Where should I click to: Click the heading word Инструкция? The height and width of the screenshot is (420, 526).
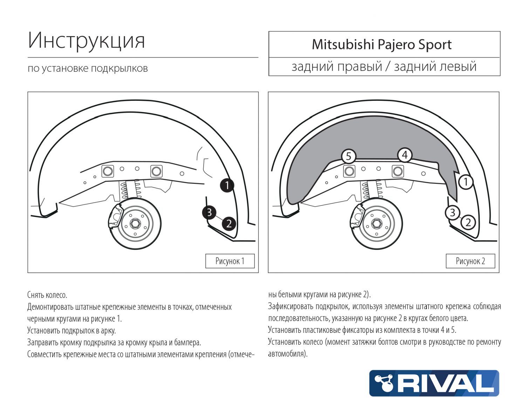[x=86, y=41]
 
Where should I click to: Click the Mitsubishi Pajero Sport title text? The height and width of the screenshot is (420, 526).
[x=382, y=45]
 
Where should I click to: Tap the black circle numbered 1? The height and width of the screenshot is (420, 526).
[x=227, y=185]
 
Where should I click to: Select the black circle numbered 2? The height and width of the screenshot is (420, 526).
[x=229, y=223]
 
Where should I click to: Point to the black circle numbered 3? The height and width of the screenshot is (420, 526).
[x=209, y=212]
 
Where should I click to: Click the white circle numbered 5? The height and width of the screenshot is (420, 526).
[x=348, y=156]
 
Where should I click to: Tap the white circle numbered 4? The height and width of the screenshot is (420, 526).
[x=405, y=155]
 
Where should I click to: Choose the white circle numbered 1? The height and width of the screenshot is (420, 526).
[x=466, y=182]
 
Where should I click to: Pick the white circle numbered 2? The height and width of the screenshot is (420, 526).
[x=468, y=222]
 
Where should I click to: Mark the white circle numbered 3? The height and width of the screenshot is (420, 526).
[x=452, y=212]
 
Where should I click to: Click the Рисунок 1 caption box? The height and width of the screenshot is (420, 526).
[x=230, y=261]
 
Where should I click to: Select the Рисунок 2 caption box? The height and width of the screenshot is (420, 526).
[x=470, y=261]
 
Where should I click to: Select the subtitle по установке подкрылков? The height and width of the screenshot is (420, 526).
[x=88, y=68]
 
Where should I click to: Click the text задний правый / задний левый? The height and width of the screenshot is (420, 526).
[x=384, y=66]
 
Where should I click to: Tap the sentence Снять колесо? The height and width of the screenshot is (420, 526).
[x=47, y=295]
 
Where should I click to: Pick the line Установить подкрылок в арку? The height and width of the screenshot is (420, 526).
[x=71, y=330]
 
